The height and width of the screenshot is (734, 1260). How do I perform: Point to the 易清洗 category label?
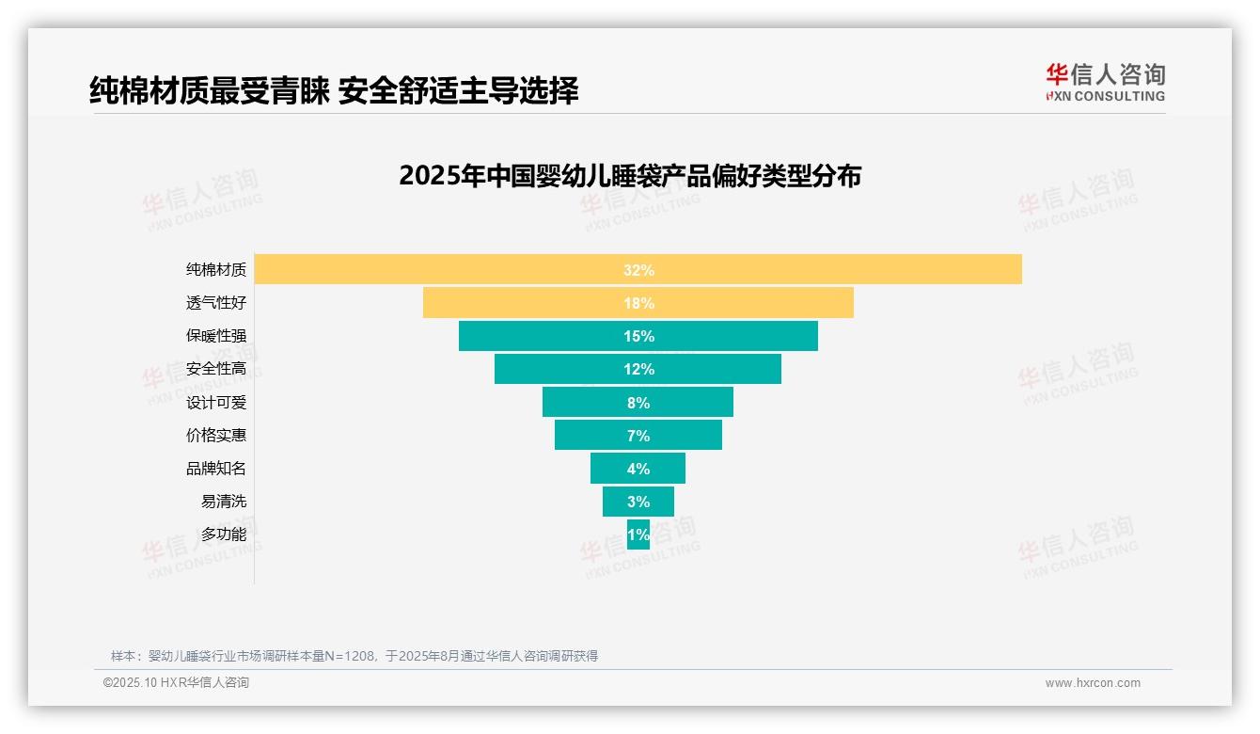(x=223, y=502)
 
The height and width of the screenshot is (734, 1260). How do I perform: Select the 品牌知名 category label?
(x=215, y=469)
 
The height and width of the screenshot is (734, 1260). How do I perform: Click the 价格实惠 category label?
(x=215, y=436)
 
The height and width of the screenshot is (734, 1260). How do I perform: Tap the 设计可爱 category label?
(x=215, y=403)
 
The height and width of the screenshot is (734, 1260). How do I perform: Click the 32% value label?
(x=638, y=270)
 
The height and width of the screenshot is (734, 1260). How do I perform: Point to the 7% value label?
(x=638, y=436)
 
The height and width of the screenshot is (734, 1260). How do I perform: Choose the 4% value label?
(x=638, y=469)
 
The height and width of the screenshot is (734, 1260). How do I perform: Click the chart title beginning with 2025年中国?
(x=629, y=176)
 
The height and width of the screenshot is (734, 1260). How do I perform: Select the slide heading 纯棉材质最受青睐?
(x=333, y=90)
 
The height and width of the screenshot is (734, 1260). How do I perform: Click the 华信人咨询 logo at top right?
(x=1105, y=83)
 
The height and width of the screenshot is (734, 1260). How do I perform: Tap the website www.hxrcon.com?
(x=1093, y=683)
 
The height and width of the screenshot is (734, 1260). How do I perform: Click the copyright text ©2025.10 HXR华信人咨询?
(x=176, y=683)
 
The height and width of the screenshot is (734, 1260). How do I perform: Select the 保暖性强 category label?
(x=215, y=336)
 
